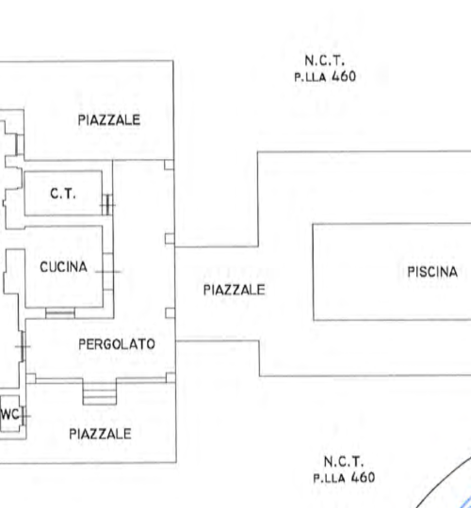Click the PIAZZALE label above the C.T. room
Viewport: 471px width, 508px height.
click(109, 119)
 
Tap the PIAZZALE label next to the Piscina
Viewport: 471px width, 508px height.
click(235, 290)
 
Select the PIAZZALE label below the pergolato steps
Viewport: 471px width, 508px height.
click(100, 434)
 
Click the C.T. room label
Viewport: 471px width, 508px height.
click(63, 194)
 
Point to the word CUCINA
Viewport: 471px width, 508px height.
click(63, 267)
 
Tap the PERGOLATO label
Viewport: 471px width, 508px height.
click(117, 344)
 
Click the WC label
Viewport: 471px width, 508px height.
click(9, 414)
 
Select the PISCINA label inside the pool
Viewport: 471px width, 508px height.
click(432, 272)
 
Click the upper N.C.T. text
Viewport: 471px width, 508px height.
click(325, 60)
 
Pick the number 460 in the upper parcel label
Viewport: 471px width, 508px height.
click(344, 76)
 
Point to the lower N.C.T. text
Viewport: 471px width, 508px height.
click(344, 462)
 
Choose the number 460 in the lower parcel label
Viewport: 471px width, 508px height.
click(363, 478)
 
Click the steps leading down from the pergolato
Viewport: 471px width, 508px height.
click(100, 392)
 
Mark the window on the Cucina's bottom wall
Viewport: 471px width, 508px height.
click(60, 313)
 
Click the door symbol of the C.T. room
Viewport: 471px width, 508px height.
click(107, 205)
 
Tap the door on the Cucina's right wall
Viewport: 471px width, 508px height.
click(108, 272)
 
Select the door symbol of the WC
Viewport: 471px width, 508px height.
click(24, 416)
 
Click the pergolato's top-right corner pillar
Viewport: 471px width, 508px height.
click(169, 165)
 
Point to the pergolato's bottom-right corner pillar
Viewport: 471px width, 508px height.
click(171, 378)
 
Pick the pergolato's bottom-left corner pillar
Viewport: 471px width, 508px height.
click(31, 378)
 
